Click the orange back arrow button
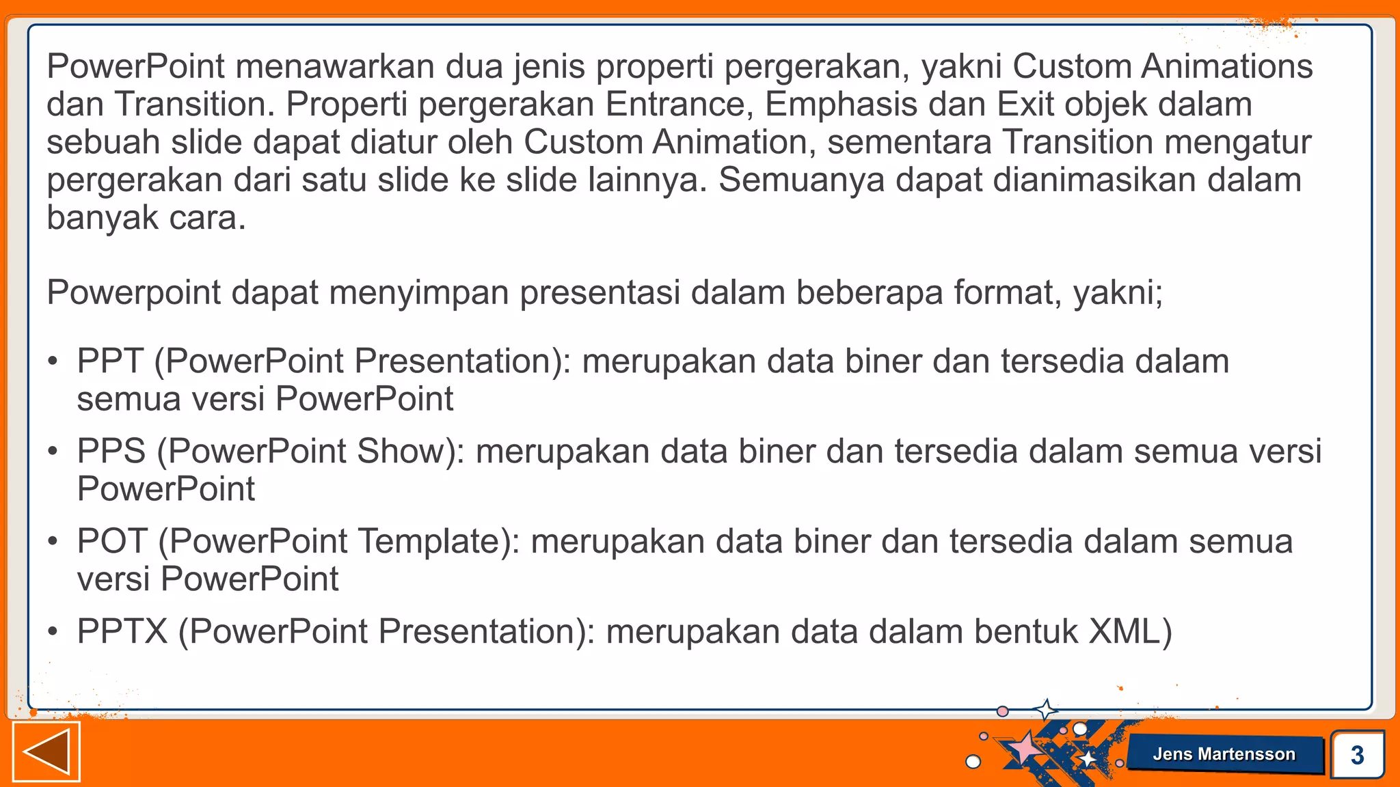pos(46,751)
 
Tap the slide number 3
pos(1357,755)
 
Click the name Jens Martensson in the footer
pos(1224,754)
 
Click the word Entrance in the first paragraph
pos(675,105)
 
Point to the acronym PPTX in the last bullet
pos(122,631)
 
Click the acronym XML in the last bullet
pos(1122,631)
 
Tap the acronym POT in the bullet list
pos(112,541)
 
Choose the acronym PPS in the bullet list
pos(111,451)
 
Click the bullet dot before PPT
pos(53,362)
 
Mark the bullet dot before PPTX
pos(53,633)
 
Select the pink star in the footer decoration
pos(1024,747)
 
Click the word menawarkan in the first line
pos(335,67)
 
